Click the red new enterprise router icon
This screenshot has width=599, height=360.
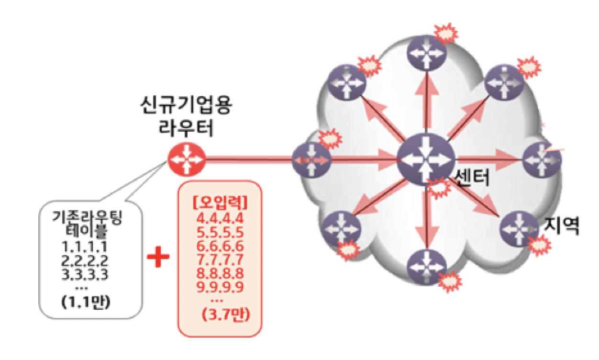tap(187, 159)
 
